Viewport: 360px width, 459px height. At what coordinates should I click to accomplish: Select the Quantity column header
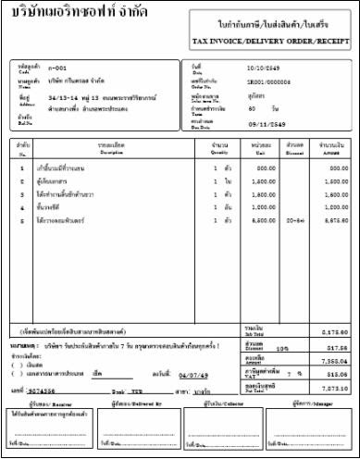220,154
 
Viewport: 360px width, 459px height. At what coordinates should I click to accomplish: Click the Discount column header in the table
294,154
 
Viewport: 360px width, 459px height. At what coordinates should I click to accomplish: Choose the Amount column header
330,154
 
